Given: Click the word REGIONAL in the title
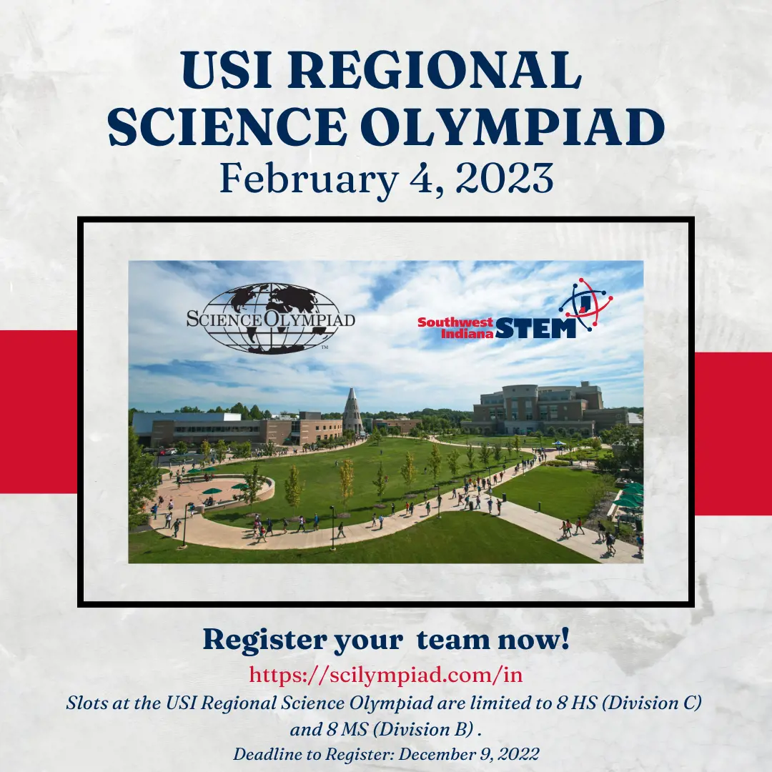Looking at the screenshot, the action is (x=435, y=69).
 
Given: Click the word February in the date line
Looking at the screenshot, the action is (x=308, y=179).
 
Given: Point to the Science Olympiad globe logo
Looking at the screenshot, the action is (x=270, y=318).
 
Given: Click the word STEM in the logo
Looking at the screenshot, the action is (x=535, y=328).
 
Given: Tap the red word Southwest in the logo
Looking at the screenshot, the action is (x=455, y=322).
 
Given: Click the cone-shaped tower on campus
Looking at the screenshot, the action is (x=352, y=410).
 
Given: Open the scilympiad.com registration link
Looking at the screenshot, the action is (x=385, y=674).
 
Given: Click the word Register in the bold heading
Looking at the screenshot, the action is (x=265, y=640).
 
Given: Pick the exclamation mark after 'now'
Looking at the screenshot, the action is (x=564, y=638).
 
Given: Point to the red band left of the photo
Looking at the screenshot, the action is (x=39, y=412).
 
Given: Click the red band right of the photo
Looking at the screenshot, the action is (x=733, y=433).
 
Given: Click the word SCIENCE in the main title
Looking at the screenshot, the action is (x=227, y=126).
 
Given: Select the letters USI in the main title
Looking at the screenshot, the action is (x=227, y=69).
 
